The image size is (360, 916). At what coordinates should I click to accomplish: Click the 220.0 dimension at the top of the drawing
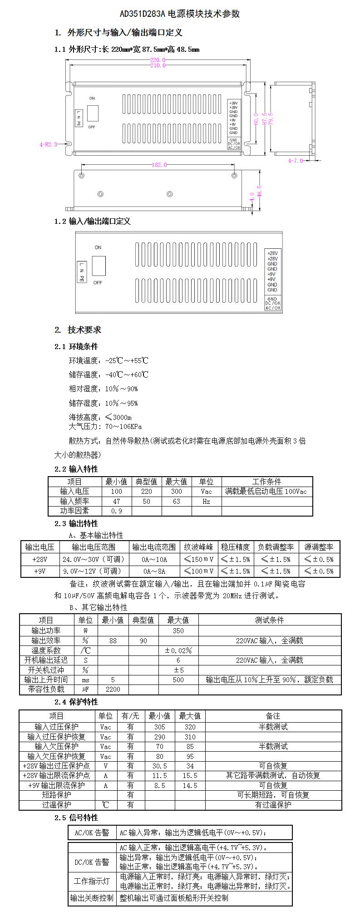158,60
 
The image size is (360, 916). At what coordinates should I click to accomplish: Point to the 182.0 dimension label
159,165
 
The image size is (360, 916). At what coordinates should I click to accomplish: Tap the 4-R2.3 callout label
48,144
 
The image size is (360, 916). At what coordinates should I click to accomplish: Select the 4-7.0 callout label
295,160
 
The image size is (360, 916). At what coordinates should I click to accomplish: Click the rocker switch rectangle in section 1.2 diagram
99,266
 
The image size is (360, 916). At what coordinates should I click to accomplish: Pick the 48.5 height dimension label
259,191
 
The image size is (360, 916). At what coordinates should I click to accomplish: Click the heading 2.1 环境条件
76,346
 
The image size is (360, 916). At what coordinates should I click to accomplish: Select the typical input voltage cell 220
146,491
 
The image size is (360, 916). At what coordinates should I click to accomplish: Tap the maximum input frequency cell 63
176,501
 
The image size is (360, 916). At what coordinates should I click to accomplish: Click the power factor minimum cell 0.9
116,511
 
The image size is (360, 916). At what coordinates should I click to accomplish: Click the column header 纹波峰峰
198,547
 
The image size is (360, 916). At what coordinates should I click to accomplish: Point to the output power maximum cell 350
178,630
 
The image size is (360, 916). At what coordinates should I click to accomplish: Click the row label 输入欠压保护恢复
56,756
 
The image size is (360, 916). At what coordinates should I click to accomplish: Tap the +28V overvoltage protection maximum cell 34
190,766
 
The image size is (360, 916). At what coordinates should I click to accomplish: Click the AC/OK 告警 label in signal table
92,832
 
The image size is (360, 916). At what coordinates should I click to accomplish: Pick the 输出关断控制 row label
92,898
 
